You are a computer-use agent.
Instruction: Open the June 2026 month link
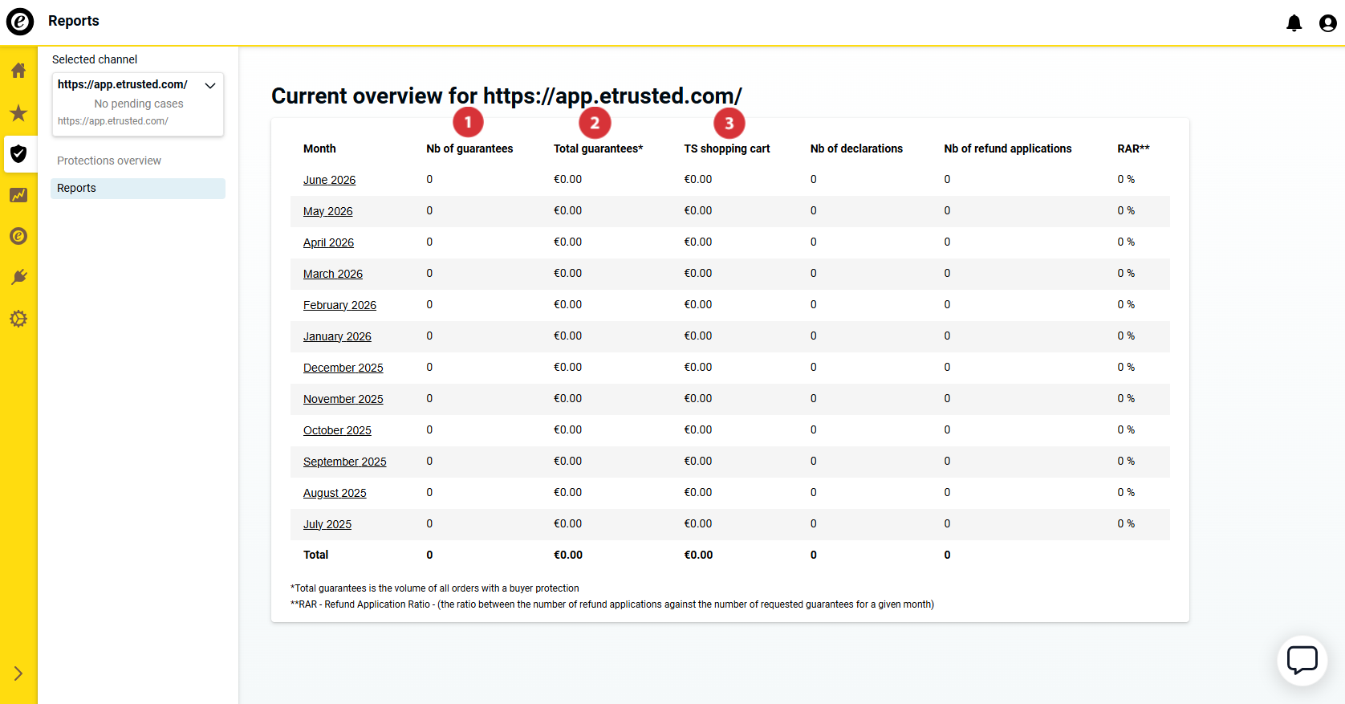(x=329, y=180)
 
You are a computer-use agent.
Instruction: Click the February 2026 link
(x=339, y=305)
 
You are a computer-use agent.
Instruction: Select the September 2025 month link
(x=344, y=462)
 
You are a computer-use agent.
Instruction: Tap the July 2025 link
(x=327, y=524)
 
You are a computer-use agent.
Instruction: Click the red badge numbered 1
(x=469, y=123)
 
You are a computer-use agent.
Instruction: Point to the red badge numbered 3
(x=729, y=123)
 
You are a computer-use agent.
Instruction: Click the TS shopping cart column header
(x=726, y=149)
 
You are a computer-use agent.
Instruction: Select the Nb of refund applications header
(x=1008, y=149)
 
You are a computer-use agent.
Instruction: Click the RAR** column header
(x=1133, y=149)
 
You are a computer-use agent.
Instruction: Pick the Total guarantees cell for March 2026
(x=567, y=273)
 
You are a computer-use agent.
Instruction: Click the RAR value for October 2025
(x=1126, y=430)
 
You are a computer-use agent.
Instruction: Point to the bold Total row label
(x=316, y=555)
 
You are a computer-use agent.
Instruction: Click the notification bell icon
(x=1294, y=22)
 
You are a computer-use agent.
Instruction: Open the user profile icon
(x=1327, y=22)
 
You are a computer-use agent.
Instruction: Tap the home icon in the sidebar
(x=18, y=71)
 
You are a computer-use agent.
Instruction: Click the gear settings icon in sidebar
(x=18, y=319)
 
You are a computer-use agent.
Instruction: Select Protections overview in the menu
(x=108, y=161)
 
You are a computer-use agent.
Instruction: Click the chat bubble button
(x=1302, y=660)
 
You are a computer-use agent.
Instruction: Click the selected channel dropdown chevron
(x=210, y=85)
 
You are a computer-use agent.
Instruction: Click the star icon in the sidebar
(x=18, y=112)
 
